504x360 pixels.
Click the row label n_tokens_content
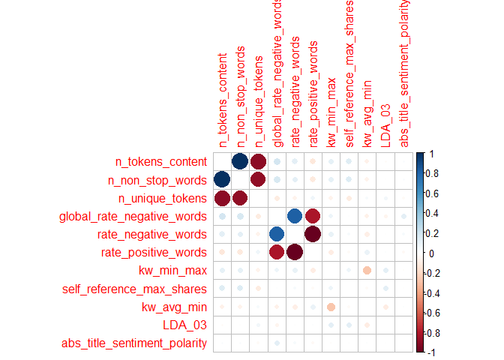[160, 161]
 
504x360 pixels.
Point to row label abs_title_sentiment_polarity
[136, 343]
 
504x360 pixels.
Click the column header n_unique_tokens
[259, 101]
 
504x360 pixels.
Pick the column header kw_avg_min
[367, 112]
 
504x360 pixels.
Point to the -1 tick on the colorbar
[429, 352]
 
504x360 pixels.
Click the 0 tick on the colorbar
[428, 253]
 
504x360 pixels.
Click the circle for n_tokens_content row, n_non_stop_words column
[240, 161]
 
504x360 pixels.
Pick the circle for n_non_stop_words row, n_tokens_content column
[222, 179]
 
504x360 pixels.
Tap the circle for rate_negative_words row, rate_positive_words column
[313, 234]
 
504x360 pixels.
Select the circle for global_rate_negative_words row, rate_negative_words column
[295, 216]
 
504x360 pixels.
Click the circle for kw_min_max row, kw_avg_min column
[367, 270]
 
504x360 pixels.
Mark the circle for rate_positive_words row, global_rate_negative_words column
[277, 252]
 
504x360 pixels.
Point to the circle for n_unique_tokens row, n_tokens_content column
[222, 198]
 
